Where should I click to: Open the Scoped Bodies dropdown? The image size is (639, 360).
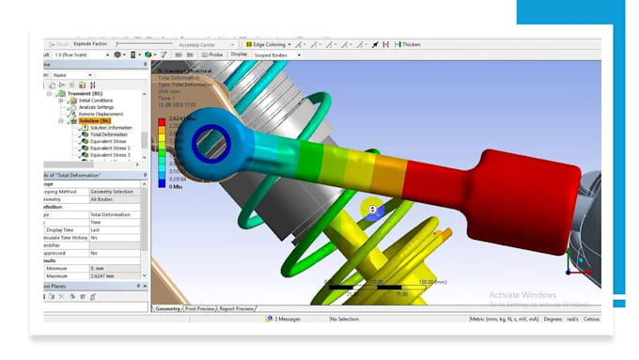tap(273, 55)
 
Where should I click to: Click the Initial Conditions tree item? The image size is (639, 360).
tap(95, 101)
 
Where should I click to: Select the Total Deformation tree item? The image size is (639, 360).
tap(108, 134)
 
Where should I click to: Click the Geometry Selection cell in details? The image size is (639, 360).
tap(114, 191)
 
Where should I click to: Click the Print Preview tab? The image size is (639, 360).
tap(199, 308)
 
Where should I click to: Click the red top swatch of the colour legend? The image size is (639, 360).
tap(162, 122)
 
